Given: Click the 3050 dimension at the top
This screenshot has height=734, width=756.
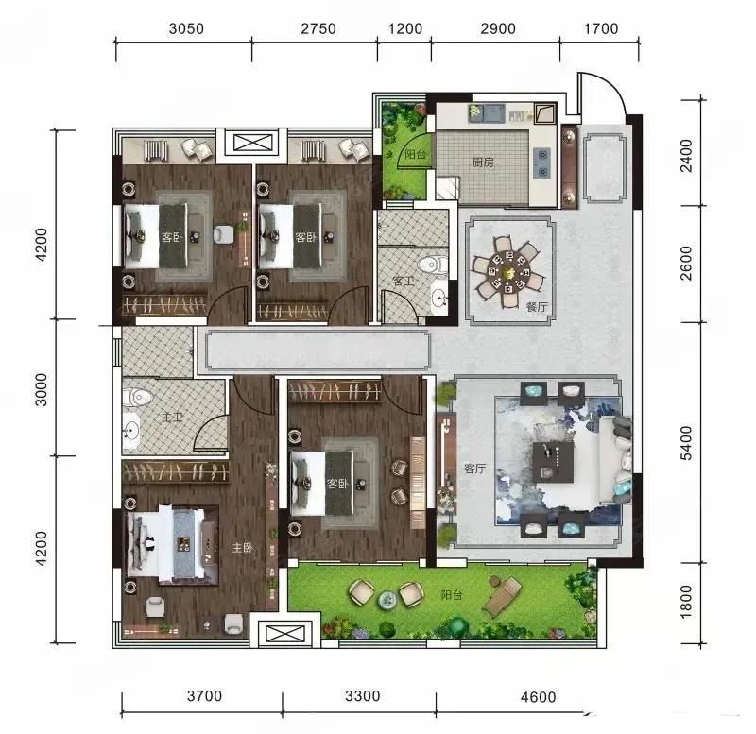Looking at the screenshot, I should click(185, 28).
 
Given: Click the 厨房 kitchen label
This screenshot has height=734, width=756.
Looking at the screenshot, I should click(484, 161).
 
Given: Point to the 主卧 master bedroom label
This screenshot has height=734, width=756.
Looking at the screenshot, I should click(243, 548).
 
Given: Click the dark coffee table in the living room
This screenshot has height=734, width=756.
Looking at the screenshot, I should click(553, 462).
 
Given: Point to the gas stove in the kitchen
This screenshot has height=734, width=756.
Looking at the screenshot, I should click(543, 163).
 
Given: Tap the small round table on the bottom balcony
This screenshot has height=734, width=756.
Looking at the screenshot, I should click(387, 600).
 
